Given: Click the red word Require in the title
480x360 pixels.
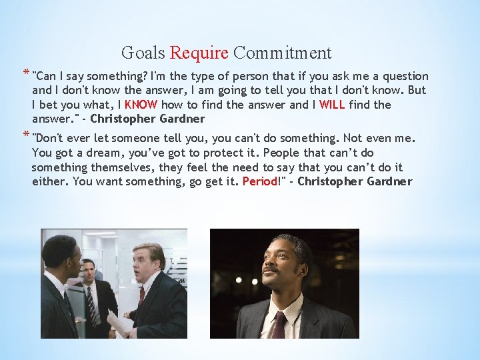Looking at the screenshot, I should click(x=199, y=53).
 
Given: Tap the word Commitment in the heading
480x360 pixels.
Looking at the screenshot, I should click(x=283, y=53).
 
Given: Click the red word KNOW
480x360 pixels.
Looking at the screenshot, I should click(x=141, y=105).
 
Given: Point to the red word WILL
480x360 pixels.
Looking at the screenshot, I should click(x=333, y=105).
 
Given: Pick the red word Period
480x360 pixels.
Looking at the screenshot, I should click(x=259, y=181).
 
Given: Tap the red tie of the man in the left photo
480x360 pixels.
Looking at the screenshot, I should click(x=141, y=295).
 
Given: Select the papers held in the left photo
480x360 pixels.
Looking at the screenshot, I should click(x=119, y=322).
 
